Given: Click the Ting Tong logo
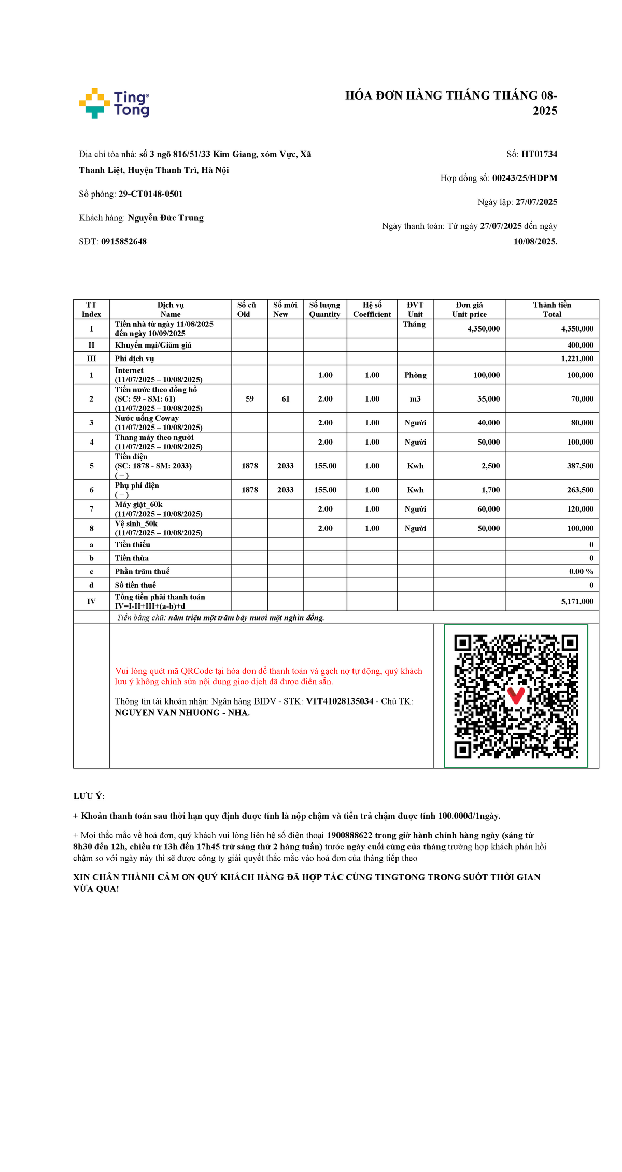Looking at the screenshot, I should pyautogui.click(x=114, y=103).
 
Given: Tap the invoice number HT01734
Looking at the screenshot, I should pyautogui.click(x=539, y=154).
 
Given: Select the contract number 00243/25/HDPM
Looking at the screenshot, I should pyautogui.click(x=525, y=178).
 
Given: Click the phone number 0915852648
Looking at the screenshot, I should pyautogui.click(x=124, y=242).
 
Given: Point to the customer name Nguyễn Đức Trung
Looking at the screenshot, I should pyautogui.click(x=165, y=218).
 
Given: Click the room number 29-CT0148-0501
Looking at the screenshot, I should pyautogui.click(x=150, y=194).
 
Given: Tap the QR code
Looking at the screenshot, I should pyautogui.click(x=516, y=696).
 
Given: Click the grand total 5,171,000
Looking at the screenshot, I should pyautogui.click(x=577, y=601).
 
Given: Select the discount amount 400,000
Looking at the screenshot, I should pyautogui.click(x=580, y=345).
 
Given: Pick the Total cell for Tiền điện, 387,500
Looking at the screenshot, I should pyautogui.click(x=580, y=466).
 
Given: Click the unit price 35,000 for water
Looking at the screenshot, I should pyautogui.click(x=489, y=399).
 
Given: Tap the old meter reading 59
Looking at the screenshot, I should pyautogui.click(x=250, y=399).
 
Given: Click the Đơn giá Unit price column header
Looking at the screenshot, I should pyautogui.click(x=469, y=309).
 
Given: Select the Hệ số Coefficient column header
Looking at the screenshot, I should pyautogui.click(x=372, y=309).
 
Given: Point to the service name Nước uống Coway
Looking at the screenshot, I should pyautogui.click(x=147, y=418).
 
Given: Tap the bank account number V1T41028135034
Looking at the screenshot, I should pyautogui.click(x=340, y=701).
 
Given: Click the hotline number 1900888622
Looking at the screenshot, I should pyautogui.click(x=349, y=835).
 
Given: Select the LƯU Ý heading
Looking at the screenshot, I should pyautogui.click(x=89, y=796).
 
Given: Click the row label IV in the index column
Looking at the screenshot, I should pyautogui.click(x=91, y=601).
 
